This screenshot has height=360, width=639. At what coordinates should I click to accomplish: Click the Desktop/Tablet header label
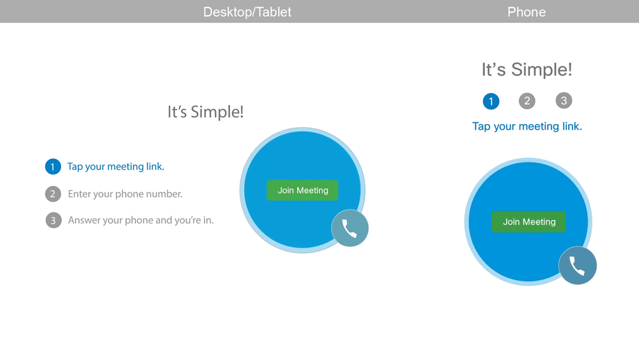[247, 12]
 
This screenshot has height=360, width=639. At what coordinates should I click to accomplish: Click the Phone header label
[527, 12]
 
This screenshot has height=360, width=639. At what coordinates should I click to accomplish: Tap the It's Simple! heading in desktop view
[205, 112]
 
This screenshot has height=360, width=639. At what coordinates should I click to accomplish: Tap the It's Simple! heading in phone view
[527, 70]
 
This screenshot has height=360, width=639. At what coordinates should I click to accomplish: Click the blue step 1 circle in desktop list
[53, 167]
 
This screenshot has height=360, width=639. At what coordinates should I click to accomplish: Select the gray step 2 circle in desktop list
[53, 194]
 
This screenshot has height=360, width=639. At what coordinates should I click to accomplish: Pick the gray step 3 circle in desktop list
[53, 221]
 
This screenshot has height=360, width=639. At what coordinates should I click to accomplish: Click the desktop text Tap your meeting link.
[116, 167]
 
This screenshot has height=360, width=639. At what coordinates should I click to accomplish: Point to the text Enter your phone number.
[125, 194]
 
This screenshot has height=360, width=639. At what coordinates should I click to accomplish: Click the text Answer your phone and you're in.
[141, 221]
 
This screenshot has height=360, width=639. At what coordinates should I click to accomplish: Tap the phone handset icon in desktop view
[350, 228]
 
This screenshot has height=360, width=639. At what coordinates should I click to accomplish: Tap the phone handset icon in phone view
[578, 265]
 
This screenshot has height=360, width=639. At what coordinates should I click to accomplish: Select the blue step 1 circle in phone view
[491, 101]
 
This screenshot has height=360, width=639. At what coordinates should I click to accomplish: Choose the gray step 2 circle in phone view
[527, 100]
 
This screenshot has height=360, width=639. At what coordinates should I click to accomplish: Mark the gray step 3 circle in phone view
[563, 100]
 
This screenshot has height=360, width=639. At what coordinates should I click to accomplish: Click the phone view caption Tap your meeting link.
[527, 127]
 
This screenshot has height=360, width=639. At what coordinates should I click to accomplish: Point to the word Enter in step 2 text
[80, 194]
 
